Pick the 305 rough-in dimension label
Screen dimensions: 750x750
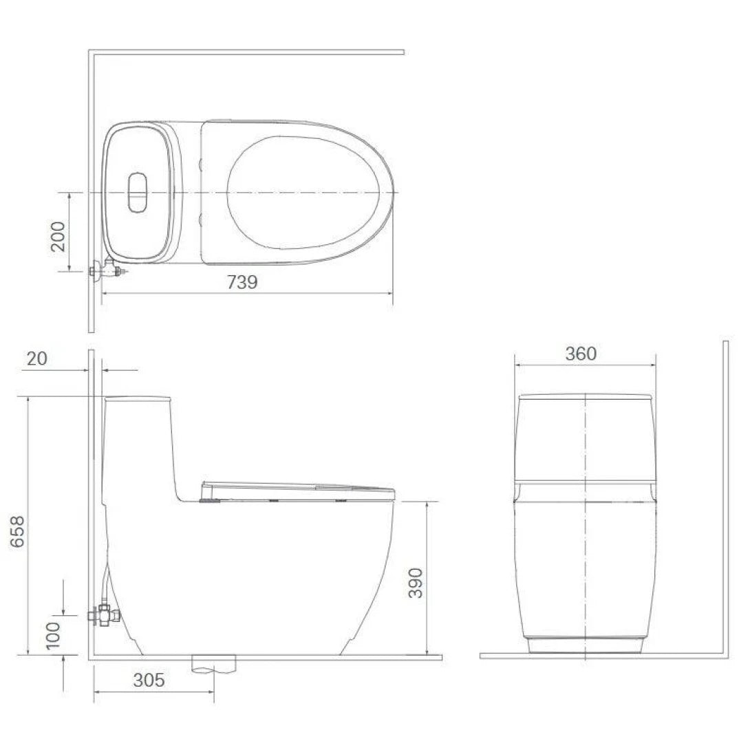click(149, 681)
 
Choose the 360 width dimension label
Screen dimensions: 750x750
click(581, 354)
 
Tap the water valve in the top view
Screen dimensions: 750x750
click(107, 271)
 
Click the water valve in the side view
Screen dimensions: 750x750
click(105, 614)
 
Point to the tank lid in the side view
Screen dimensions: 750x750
click(137, 398)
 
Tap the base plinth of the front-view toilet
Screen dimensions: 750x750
click(585, 645)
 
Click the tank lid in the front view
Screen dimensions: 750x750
click(585, 396)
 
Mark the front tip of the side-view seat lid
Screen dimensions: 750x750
click(394, 491)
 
